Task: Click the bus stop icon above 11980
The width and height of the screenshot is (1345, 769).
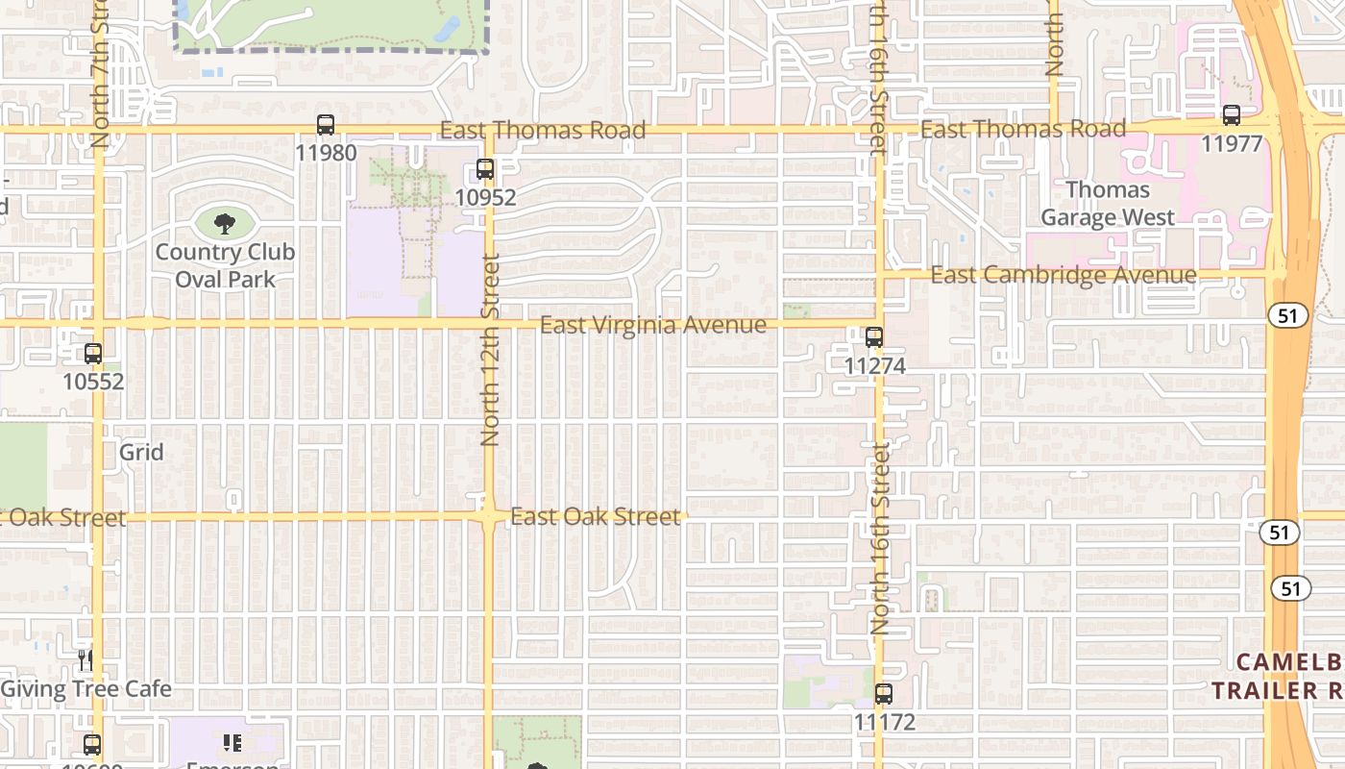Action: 326,125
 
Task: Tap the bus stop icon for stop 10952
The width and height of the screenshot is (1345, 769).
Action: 485,169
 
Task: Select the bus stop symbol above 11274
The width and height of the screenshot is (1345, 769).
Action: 873,337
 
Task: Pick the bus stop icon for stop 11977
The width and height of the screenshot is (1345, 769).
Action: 1232,115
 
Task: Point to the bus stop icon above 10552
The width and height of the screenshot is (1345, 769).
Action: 93,353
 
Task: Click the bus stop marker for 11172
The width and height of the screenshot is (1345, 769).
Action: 884,693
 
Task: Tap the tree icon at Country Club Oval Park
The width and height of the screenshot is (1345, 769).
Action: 225,224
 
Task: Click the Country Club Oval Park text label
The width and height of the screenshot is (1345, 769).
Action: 225,266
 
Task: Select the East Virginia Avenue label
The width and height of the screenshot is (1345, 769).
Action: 653,325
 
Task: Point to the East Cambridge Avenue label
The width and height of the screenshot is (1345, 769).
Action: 1064,276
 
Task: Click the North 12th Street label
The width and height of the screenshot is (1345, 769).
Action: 490,349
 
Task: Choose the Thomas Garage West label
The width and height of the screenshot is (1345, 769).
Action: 1108,204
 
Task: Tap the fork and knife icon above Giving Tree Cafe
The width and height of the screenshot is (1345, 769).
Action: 86,659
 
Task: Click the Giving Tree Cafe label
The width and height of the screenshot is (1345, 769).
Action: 86,689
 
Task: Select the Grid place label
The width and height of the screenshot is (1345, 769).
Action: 141,452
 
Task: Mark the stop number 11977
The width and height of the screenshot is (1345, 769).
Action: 1232,143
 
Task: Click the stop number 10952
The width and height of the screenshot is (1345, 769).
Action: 485,198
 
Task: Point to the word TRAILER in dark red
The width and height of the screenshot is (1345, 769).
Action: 1265,690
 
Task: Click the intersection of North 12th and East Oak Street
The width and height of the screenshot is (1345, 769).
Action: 489,517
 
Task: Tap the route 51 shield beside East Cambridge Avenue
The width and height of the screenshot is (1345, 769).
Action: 1287,315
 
